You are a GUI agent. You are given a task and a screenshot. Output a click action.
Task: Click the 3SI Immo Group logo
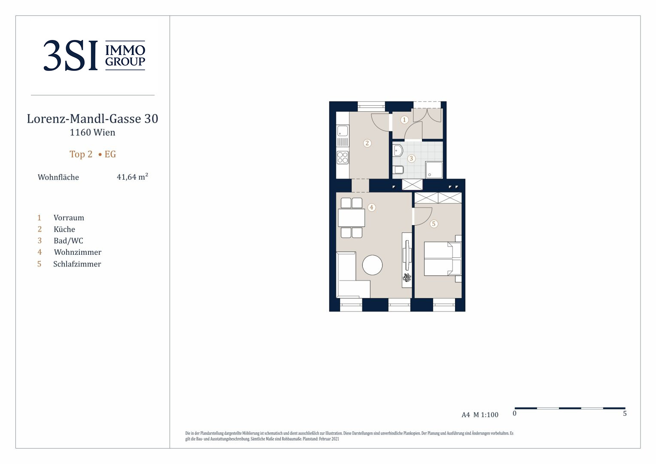94,55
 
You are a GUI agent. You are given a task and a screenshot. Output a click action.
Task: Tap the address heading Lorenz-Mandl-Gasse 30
93,119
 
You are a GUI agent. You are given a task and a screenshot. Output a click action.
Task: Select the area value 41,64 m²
132,177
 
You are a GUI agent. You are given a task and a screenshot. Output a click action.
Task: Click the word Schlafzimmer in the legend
77,264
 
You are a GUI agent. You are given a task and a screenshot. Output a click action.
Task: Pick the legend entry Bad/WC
68,241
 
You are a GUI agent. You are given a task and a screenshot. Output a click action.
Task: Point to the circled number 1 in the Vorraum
404,120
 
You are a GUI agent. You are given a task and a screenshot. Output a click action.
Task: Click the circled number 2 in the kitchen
367,143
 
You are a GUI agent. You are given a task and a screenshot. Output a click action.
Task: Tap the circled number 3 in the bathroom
411,159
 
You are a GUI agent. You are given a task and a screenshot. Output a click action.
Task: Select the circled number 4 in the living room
371,208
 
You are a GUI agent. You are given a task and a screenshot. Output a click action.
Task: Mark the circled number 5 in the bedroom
434,224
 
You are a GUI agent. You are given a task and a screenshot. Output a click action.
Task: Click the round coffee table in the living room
372,265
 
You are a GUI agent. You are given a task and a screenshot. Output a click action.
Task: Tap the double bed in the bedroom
443,259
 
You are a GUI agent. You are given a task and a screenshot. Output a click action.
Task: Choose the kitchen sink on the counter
342,131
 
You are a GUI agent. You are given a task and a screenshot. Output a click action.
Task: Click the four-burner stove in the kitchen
342,157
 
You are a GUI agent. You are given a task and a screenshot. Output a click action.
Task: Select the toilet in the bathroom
398,170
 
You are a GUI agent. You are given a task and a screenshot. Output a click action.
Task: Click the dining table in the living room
352,217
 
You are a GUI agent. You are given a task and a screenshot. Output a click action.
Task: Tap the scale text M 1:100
486,415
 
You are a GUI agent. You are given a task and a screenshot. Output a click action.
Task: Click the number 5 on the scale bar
625,414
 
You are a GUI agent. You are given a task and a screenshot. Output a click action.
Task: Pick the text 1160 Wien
93,132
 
